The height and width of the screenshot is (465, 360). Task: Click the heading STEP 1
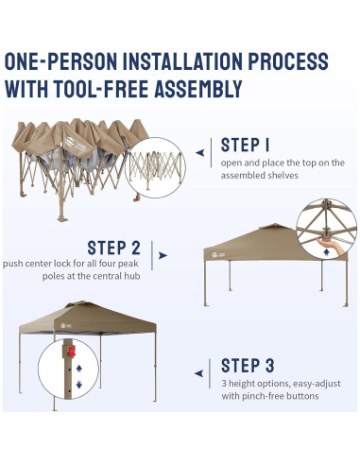(x=245, y=146)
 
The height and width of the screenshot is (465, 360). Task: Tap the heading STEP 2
(x=113, y=248)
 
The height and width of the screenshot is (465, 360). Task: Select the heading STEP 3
(x=248, y=366)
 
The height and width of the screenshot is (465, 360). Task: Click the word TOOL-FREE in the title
(x=101, y=89)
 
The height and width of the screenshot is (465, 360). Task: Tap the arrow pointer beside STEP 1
(x=200, y=153)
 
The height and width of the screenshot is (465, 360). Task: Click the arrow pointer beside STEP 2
(x=163, y=255)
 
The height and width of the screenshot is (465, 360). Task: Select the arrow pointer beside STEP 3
(x=198, y=373)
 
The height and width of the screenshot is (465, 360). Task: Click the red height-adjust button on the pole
(x=72, y=352)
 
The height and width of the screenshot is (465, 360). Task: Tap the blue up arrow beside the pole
(x=79, y=368)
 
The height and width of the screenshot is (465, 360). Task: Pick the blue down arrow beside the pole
(x=79, y=385)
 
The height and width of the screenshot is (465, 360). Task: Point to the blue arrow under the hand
(x=327, y=252)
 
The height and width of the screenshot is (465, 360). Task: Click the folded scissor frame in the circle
(x=156, y=168)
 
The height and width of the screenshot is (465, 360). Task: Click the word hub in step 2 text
(x=133, y=276)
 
